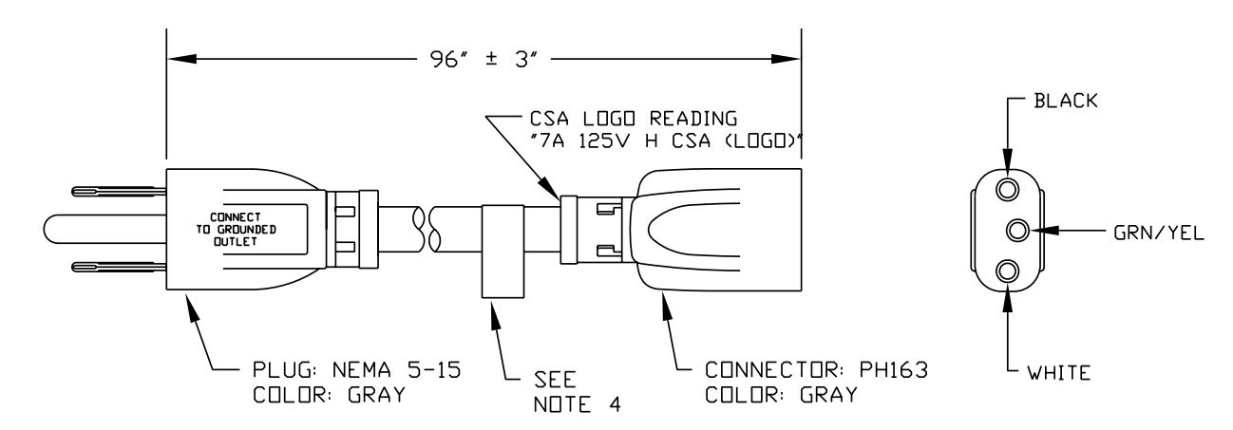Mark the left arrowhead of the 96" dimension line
coord(181,59)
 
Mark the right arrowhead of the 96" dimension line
coord(787,59)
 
